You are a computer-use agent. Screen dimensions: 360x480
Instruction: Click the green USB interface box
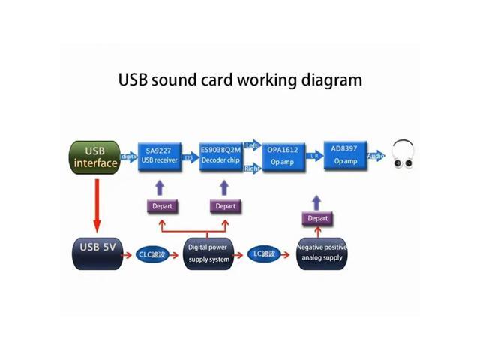click(x=95, y=156)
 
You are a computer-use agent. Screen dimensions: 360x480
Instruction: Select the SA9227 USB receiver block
click(x=160, y=155)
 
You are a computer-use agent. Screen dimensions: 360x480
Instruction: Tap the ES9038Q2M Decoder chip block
click(x=221, y=155)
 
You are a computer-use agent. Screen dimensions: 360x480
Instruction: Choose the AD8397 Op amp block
click(x=346, y=155)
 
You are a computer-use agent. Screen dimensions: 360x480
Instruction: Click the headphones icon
click(x=403, y=155)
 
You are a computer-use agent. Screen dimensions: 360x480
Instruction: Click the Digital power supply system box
click(x=208, y=253)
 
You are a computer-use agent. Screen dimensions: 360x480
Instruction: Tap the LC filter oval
click(x=267, y=254)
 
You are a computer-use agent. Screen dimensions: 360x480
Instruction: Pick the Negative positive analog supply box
click(x=322, y=253)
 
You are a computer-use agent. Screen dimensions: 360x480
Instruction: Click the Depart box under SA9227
click(x=162, y=206)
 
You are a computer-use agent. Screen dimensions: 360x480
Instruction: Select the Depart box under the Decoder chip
click(x=225, y=206)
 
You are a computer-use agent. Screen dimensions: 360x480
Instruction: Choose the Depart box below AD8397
click(x=317, y=218)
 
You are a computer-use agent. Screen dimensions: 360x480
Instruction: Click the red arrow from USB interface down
click(x=96, y=202)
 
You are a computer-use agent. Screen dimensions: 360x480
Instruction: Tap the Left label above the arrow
click(x=251, y=145)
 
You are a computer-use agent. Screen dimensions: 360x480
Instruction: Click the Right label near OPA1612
click(x=252, y=169)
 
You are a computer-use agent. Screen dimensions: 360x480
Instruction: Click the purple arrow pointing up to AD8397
click(x=316, y=201)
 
